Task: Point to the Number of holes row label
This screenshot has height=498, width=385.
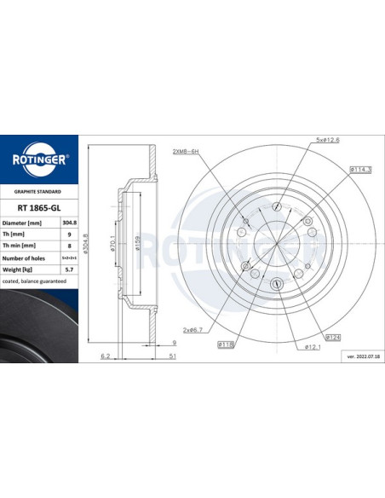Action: coord(27,257)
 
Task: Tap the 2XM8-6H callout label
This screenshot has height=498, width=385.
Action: coord(185,151)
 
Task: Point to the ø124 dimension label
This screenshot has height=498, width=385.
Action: coord(333,336)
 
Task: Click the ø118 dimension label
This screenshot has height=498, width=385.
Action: coord(227,344)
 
